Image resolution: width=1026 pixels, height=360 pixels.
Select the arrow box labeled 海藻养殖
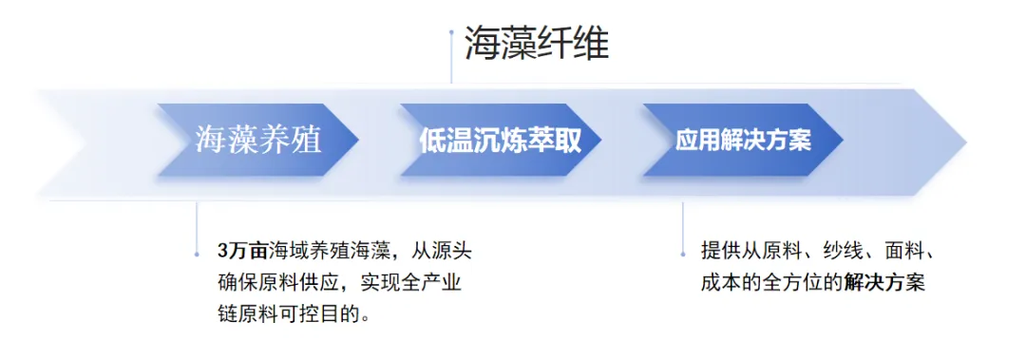(257, 141)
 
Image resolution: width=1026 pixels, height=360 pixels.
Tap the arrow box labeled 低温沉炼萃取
(499, 141)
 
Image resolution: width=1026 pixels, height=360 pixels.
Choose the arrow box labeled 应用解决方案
(742, 141)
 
